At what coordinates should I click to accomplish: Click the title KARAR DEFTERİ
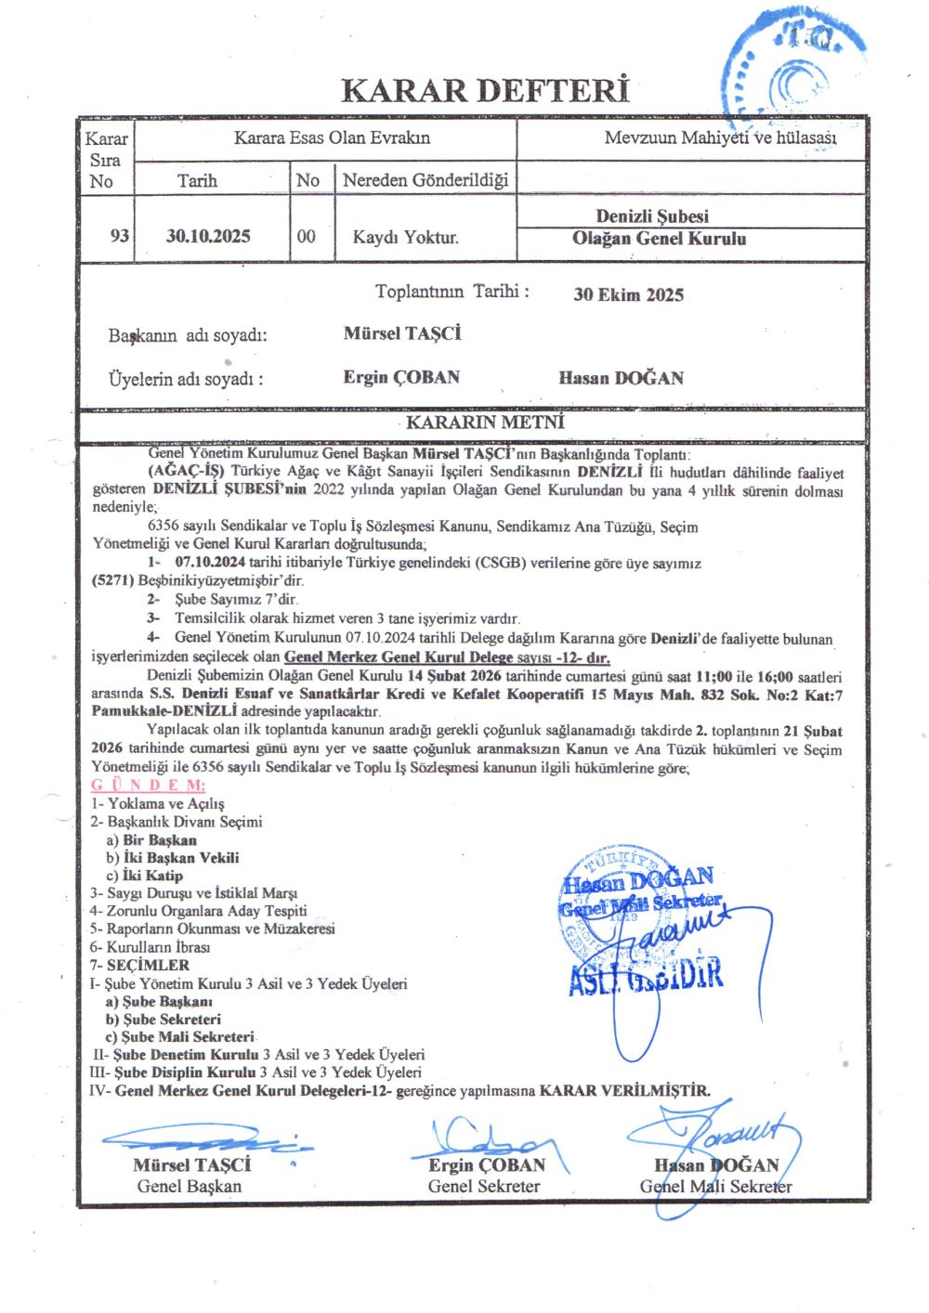[x=485, y=91]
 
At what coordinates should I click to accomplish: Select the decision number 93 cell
[x=119, y=236]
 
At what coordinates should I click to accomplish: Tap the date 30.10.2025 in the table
[x=208, y=236]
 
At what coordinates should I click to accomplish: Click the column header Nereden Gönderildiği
[x=425, y=180]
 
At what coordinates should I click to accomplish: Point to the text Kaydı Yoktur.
[x=405, y=237]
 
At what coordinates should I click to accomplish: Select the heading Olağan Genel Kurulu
[x=659, y=239]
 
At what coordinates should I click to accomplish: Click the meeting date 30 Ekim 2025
[x=628, y=295]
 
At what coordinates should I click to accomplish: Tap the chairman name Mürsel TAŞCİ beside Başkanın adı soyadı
[x=402, y=333]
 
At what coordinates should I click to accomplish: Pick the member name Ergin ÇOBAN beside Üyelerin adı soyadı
[x=401, y=377]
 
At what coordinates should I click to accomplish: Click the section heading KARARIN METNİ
[x=485, y=422]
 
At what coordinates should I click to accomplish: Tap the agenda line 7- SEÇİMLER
[x=139, y=966]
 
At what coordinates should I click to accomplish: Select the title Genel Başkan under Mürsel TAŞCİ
[x=189, y=1186]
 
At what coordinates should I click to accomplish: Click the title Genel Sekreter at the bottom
[x=483, y=1186]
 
